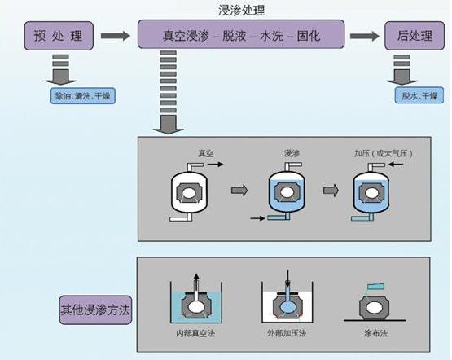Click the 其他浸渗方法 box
click(94, 310)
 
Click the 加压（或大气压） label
click(375, 152)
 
